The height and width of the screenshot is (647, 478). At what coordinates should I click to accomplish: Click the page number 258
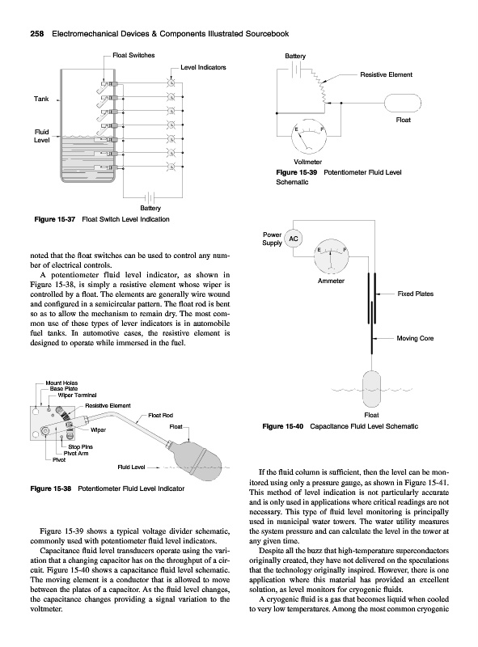(37, 34)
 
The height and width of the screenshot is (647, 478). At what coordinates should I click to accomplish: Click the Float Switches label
(133, 55)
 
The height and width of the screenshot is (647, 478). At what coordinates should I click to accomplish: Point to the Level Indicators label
(203, 67)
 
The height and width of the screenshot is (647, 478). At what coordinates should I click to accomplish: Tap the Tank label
(41, 99)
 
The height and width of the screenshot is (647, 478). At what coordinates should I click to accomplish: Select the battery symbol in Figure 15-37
(150, 197)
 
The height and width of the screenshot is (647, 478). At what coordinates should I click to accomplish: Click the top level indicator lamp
(170, 83)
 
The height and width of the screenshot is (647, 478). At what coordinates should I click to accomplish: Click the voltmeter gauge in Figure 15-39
(309, 136)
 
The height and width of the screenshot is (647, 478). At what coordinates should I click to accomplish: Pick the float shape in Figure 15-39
(403, 104)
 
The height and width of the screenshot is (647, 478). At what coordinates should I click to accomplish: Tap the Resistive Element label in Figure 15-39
(386, 74)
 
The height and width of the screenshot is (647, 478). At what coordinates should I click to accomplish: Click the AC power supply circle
(294, 239)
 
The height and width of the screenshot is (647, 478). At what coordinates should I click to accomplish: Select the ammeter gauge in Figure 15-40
(331, 256)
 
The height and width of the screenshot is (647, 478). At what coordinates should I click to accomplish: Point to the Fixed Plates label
(415, 294)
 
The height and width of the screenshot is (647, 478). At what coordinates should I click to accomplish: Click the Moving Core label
(415, 338)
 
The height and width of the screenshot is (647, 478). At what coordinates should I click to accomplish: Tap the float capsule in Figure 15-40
(371, 389)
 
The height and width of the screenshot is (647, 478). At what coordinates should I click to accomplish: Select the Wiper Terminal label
(77, 395)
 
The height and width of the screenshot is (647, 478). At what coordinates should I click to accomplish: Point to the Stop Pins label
(81, 447)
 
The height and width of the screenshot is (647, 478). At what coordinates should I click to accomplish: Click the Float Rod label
(161, 416)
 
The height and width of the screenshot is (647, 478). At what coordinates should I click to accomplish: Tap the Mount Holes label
(61, 383)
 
